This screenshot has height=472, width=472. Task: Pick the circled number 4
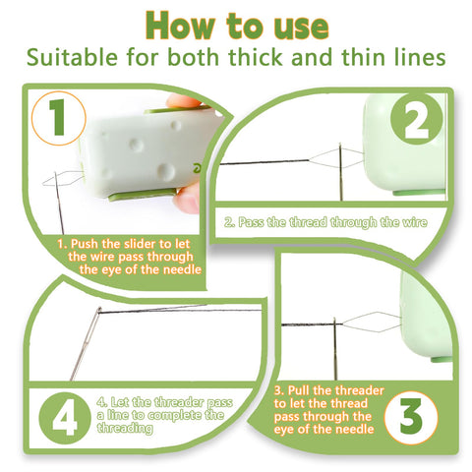coord(63,420)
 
